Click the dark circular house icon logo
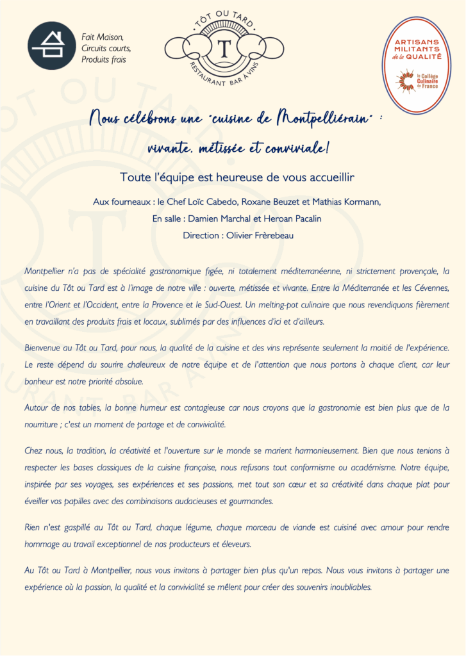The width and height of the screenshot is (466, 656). point(52,46)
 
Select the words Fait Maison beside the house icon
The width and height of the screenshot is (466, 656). point(103,37)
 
